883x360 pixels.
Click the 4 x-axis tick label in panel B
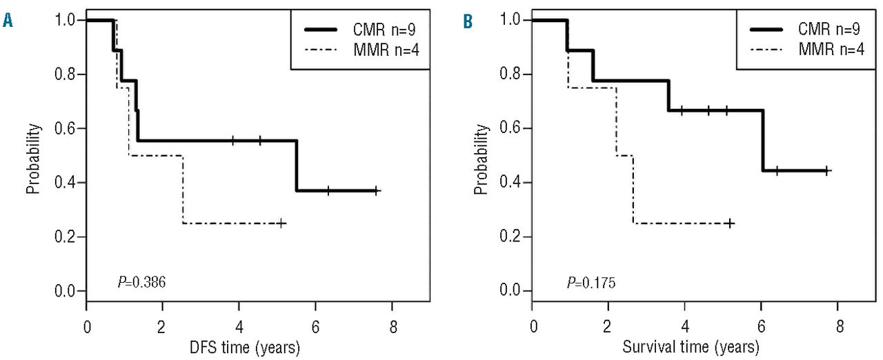click(685, 325)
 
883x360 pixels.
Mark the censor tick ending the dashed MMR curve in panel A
click(281, 223)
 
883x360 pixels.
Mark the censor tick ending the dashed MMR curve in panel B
click(730, 223)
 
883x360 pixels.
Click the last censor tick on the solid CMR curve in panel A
click(376, 190)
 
